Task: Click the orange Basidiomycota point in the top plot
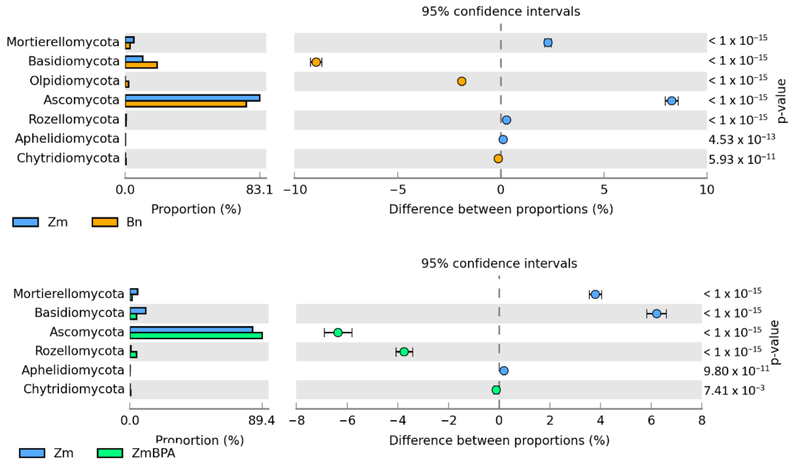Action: tap(316, 62)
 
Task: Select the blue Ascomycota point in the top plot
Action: tap(672, 101)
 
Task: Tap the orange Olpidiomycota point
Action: tap(462, 81)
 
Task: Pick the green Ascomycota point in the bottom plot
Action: tap(338, 332)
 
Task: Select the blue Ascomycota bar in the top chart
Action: tap(193, 98)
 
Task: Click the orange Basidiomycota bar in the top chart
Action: tap(141, 65)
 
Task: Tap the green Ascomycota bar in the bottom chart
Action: tap(196, 335)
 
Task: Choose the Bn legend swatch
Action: tap(105, 222)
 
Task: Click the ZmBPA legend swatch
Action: tap(110, 453)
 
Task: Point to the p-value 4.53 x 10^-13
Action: tap(742, 139)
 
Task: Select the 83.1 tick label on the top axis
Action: tap(260, 190)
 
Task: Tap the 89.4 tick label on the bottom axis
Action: tap(261, 420)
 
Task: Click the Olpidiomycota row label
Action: tap(75, 81)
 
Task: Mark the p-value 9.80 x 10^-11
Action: tap(736, 371)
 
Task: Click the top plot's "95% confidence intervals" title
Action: tap(501, 12)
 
